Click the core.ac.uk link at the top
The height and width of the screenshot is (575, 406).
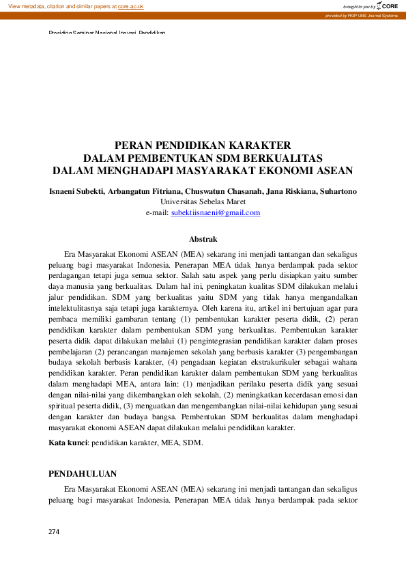[130, 5]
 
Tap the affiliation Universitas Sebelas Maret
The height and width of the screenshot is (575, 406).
[203, 202]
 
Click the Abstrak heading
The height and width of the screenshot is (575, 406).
[203, 239]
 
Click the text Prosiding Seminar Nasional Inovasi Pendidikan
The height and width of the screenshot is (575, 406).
[107, 33]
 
